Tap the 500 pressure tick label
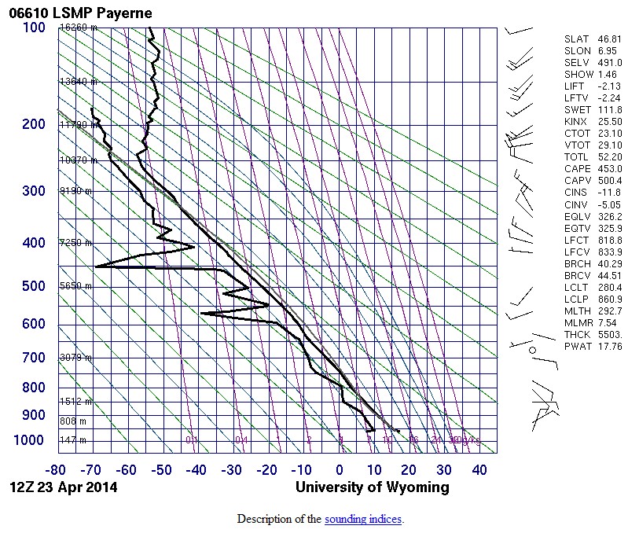click(34, 286)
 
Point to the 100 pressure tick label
click(34, 28)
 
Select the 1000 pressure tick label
click(30, 440)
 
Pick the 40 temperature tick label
click(479, 470)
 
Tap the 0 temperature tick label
click(340, 470)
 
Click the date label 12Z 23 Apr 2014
click(63, 487)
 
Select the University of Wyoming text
click(373, 487)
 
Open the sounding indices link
click(362, 520)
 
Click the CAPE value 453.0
click(609, 169)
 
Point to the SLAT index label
click(577, 39)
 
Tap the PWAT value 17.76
click(610, 346)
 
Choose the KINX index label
click(577, 122)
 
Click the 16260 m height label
click(78, 28)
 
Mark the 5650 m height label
click(76, 286)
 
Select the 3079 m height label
click(76, 358)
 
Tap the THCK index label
click(577, 334)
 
